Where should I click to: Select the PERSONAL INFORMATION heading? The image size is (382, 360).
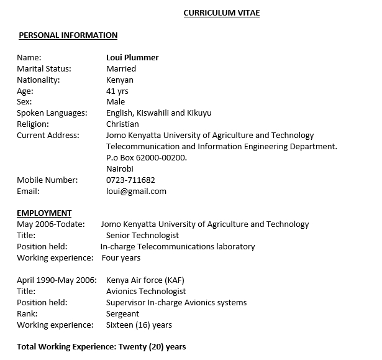pyautogui.click(x=68, y=35)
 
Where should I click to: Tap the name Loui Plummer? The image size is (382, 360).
pyautogui.click(x=132, y=58)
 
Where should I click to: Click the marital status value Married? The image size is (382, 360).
pyautogui.click(x=121, y=69)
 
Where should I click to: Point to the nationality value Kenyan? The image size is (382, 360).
pyautogui.click(x=119, y=80)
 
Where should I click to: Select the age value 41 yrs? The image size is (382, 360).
pyautogui.click(x=117, y=91)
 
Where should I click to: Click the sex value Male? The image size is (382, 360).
pyautogui.click(x=115, y=102)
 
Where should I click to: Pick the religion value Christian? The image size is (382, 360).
pyautogui.click(x=122, y=124)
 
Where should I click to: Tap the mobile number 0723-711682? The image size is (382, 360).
pyautogui.click(x=130, y=180)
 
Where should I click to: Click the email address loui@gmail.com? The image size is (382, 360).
pyautogui.click(x=136, y=192)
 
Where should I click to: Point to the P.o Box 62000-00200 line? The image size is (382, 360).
pyautogui.click(x=147, y=158)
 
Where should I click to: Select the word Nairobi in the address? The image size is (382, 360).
pyautogui.click(x=120, y=169)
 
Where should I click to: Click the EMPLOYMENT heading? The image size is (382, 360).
pyautogui.click(x=44, y=213)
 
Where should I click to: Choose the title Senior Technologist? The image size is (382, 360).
pyautogui.click(x=142, y=236)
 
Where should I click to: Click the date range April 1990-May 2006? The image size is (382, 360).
pyautogui.click(x=57, y=280)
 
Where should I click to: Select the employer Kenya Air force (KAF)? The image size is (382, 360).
pyautogui.click(x=145, y=280)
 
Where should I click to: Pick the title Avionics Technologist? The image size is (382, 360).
pyautogui.click(x=146, y=292)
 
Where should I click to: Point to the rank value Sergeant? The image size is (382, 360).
pyautogui.click(x=122, y=314)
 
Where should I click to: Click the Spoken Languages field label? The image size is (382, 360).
pyautogui.click(x=52, y=113)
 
